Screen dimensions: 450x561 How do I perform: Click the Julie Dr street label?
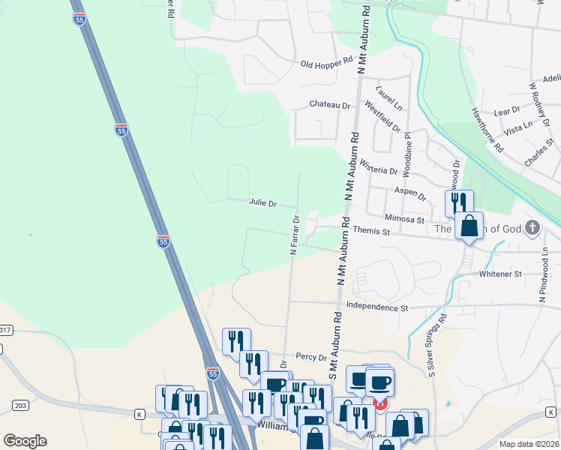click(x=262, y=203)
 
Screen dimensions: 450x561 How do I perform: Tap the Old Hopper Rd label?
click(x=326, y=64)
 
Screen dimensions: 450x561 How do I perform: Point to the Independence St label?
click(x=377, y=307)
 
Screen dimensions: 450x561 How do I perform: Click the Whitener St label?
click(x=500, y=274)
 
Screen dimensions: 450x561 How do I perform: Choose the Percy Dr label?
click(x=311, y=358)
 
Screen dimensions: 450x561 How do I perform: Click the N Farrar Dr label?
click(x=295, y=235)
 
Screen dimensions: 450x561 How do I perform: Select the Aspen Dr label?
click(x=410, y=193)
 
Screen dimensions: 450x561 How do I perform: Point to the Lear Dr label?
click(x=507, y=111)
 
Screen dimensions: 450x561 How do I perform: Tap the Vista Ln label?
click(x=518, y=128)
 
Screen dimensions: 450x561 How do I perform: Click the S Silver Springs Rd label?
click(x=437, y=345)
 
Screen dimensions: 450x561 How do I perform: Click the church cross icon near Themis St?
click(x=532, y=227)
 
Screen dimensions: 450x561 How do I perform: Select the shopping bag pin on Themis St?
click(x=469, y=226)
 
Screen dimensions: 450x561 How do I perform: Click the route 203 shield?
click(x=20, y=406)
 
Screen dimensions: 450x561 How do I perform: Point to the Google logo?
click(x=25, y=440)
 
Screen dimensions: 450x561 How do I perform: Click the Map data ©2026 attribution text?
click(x=529, y=444)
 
